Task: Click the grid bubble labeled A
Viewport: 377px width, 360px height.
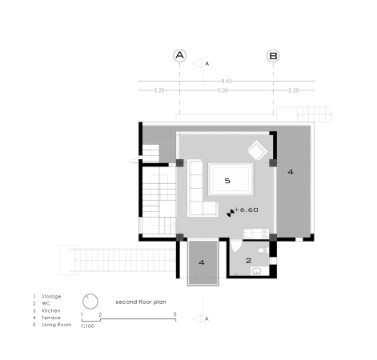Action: click(180, 56)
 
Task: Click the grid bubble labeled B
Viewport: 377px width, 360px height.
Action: click(274, 56)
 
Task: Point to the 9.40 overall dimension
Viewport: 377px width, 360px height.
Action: click(227, 81)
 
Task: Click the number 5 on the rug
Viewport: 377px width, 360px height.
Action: click(227, 182)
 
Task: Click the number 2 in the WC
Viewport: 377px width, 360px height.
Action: click(248, 260)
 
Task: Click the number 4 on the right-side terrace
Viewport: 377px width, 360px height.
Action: click(291, 172)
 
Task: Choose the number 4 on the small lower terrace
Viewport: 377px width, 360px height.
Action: click(202, 262)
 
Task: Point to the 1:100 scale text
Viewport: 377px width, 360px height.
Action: click(88, 326)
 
